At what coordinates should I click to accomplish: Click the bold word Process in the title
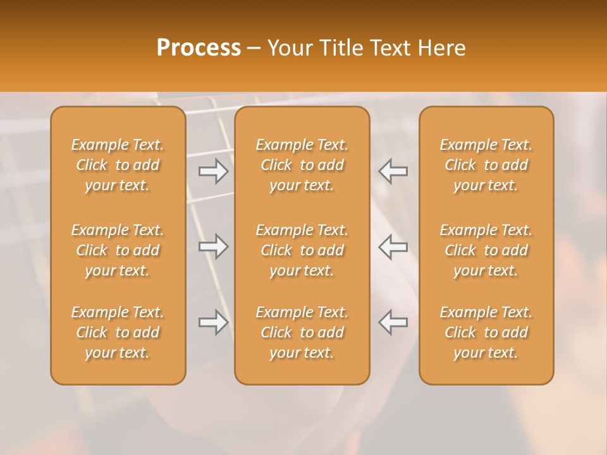point(199,48)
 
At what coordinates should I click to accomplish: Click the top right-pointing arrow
point(214,171)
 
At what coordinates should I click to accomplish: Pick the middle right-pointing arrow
point(214,246)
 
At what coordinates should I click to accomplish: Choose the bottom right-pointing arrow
point(214,322)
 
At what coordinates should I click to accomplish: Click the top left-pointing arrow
point(393,171)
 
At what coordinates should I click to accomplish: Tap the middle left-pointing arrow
point(393,246)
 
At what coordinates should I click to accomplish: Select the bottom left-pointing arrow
point(393,322)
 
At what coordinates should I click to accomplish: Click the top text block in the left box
point(118,165)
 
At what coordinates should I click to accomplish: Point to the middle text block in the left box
point(118,250)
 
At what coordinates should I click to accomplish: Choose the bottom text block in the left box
point(118,332)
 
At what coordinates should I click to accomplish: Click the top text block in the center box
point(302,165)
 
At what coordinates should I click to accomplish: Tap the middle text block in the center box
point(302,250)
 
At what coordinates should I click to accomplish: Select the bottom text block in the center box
point(302,332)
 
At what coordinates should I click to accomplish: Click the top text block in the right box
point(486,165)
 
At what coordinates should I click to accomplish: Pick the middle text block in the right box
point(486,250)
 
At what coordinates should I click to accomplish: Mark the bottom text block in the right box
point(486,332)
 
